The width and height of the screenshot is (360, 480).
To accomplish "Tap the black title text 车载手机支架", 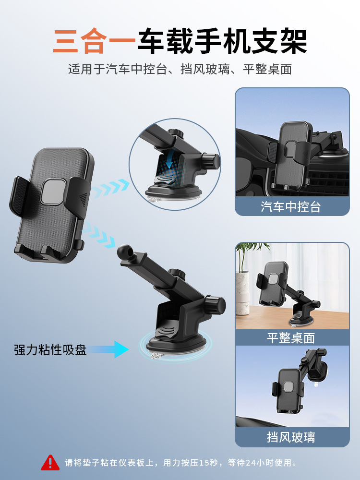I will coord(222,42).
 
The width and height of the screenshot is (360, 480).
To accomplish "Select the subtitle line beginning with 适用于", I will coord(180,69).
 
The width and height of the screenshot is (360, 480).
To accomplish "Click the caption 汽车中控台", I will coord(291,207).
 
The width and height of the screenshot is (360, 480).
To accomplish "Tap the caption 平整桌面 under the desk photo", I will coord(291,337).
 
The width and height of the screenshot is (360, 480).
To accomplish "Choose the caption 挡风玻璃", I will coord(291,437).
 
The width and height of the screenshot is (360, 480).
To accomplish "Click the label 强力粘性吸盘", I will coord(50,349).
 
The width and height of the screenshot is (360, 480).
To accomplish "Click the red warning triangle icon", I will coord(50,463).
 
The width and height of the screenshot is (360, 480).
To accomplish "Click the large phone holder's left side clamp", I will coord(19,197).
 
